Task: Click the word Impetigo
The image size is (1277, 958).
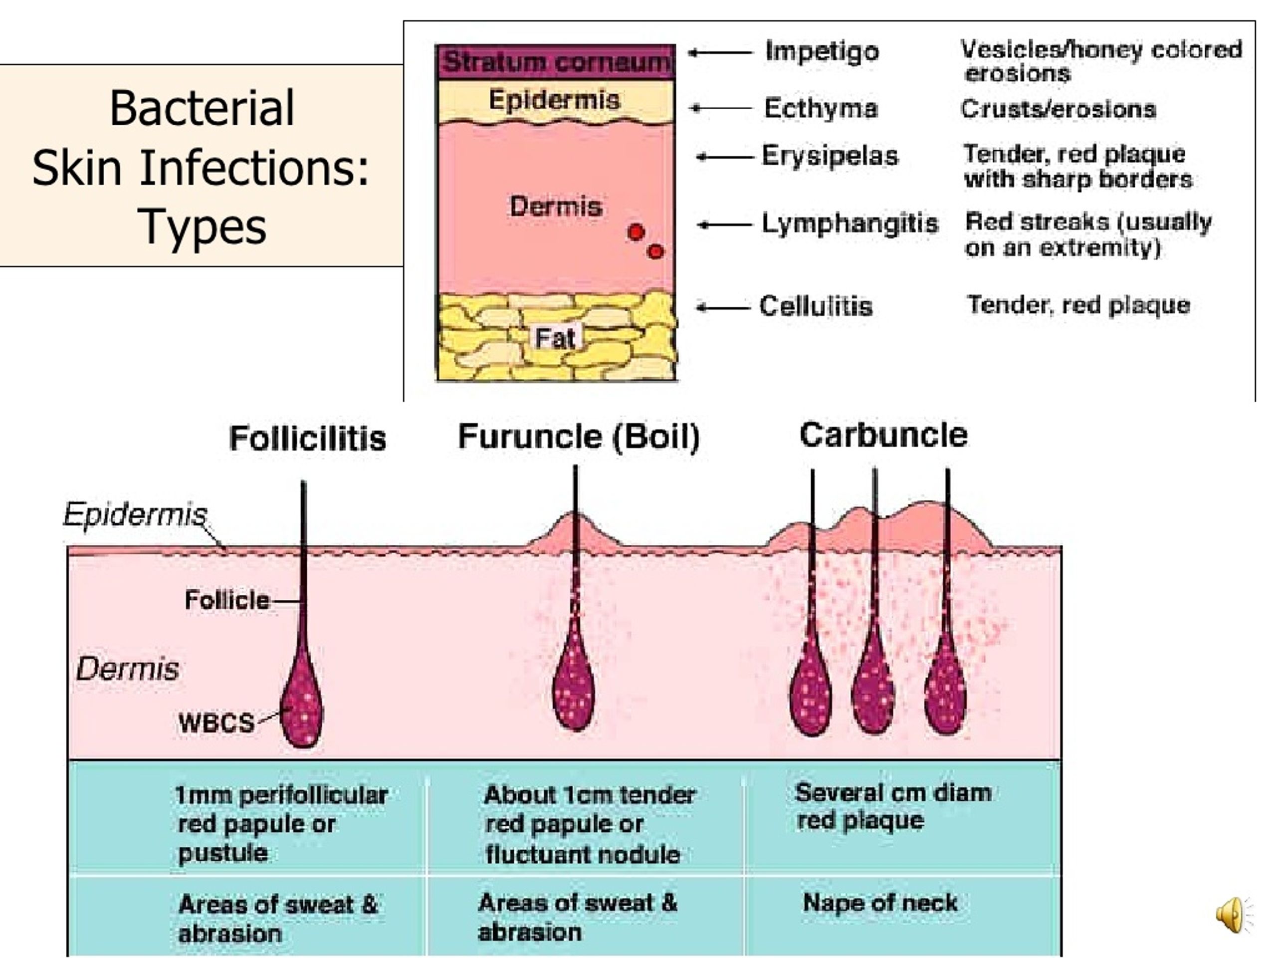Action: pos(822,52)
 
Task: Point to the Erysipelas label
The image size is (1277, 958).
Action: pos(830,156)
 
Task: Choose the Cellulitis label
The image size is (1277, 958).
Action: pos(815,306)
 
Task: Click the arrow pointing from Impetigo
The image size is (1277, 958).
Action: pos(720,53)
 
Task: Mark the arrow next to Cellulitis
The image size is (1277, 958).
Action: pos(723,308)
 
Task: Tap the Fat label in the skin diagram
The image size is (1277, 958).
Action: pos(555,338)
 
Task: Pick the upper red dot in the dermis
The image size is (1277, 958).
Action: pos(636,232)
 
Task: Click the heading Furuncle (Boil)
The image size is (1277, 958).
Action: pos(579,437)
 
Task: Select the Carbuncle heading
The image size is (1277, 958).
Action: pos(883,435)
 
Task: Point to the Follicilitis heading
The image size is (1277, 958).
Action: pos(307,438)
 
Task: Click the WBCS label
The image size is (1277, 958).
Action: pos(216,722)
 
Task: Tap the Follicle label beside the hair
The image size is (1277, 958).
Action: pos(227,601)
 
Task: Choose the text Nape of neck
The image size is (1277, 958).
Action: pos(880,903)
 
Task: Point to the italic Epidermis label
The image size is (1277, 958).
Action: pos(135,514)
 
